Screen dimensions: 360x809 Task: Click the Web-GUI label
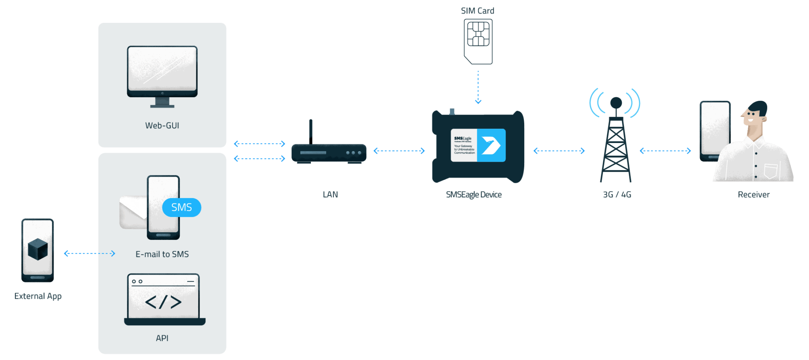pos(162,126)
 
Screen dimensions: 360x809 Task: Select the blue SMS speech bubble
pos(182,207)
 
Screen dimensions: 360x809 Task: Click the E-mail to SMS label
pos(162,254)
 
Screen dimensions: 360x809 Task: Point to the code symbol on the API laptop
pos(163,302)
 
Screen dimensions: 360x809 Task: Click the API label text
pos(162,338)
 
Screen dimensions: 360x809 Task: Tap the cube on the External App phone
pos(38,249)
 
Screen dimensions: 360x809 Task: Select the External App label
pos(38,296)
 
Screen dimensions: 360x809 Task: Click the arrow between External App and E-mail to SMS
pos(89,253)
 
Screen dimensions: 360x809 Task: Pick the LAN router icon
pos(329,153)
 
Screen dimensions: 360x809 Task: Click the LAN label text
pos(330,195)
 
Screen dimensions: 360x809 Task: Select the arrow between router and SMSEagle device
pos(399,151)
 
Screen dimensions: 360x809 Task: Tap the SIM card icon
pos(478,41)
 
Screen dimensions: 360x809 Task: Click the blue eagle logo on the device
pos(491,145)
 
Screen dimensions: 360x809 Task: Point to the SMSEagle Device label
pos(474,195)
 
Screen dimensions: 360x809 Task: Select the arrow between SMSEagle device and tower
pos(559,151)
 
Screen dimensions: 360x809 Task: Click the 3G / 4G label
pos(617,195)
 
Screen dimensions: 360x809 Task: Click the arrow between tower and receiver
pos(665,151)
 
